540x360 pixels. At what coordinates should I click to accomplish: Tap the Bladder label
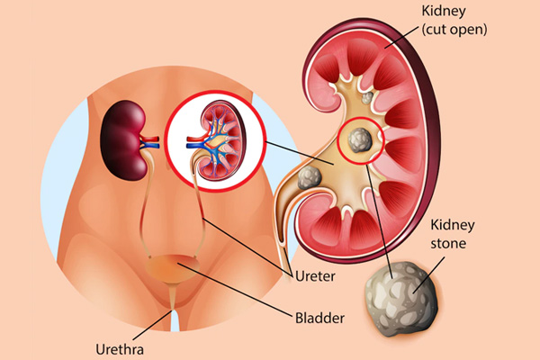[x=319, y=317]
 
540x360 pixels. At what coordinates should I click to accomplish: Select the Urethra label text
[x=119, y=348]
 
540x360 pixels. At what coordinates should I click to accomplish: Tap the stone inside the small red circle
[x=358, y=140]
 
